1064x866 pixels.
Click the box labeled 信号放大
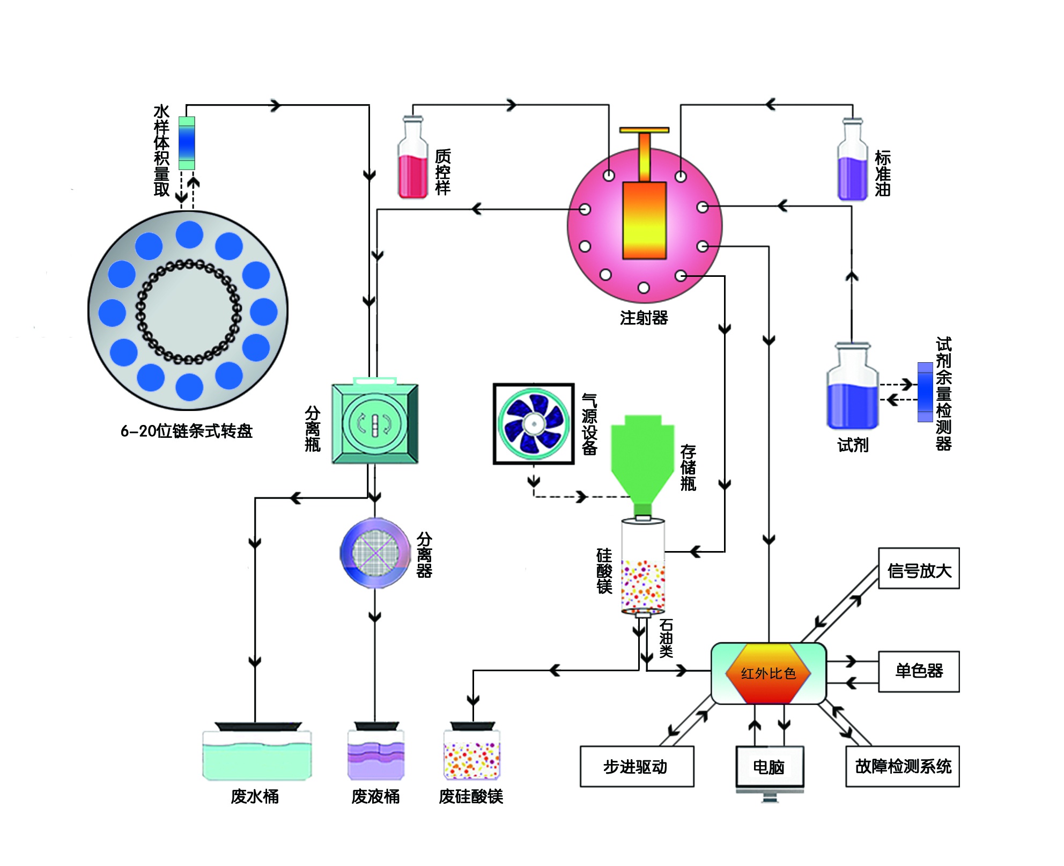click(x=918, y=569)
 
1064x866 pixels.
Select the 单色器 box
click(x=918, y=671)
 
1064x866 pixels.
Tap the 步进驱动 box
click(x=637, y=766)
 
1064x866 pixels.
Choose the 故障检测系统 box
click(x=902, y=766)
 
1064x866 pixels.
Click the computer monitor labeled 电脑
click(x=769, y=767)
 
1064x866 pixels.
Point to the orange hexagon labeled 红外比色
click(x=768, y=673)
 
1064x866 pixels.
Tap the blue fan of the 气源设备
click(x=534, y=424)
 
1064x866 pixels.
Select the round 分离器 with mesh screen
click(x=375, y=553)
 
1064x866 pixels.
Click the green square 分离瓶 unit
click(x=375, y=423)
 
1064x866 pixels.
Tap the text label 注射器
click(x=644, y=318)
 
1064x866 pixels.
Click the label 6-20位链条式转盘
click(x=186, y=431)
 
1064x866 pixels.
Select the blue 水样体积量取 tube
click(x=187, y=143)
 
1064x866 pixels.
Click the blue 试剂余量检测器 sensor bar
click(x=925, y=392)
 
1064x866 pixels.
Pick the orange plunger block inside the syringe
click(x=644, y=220)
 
